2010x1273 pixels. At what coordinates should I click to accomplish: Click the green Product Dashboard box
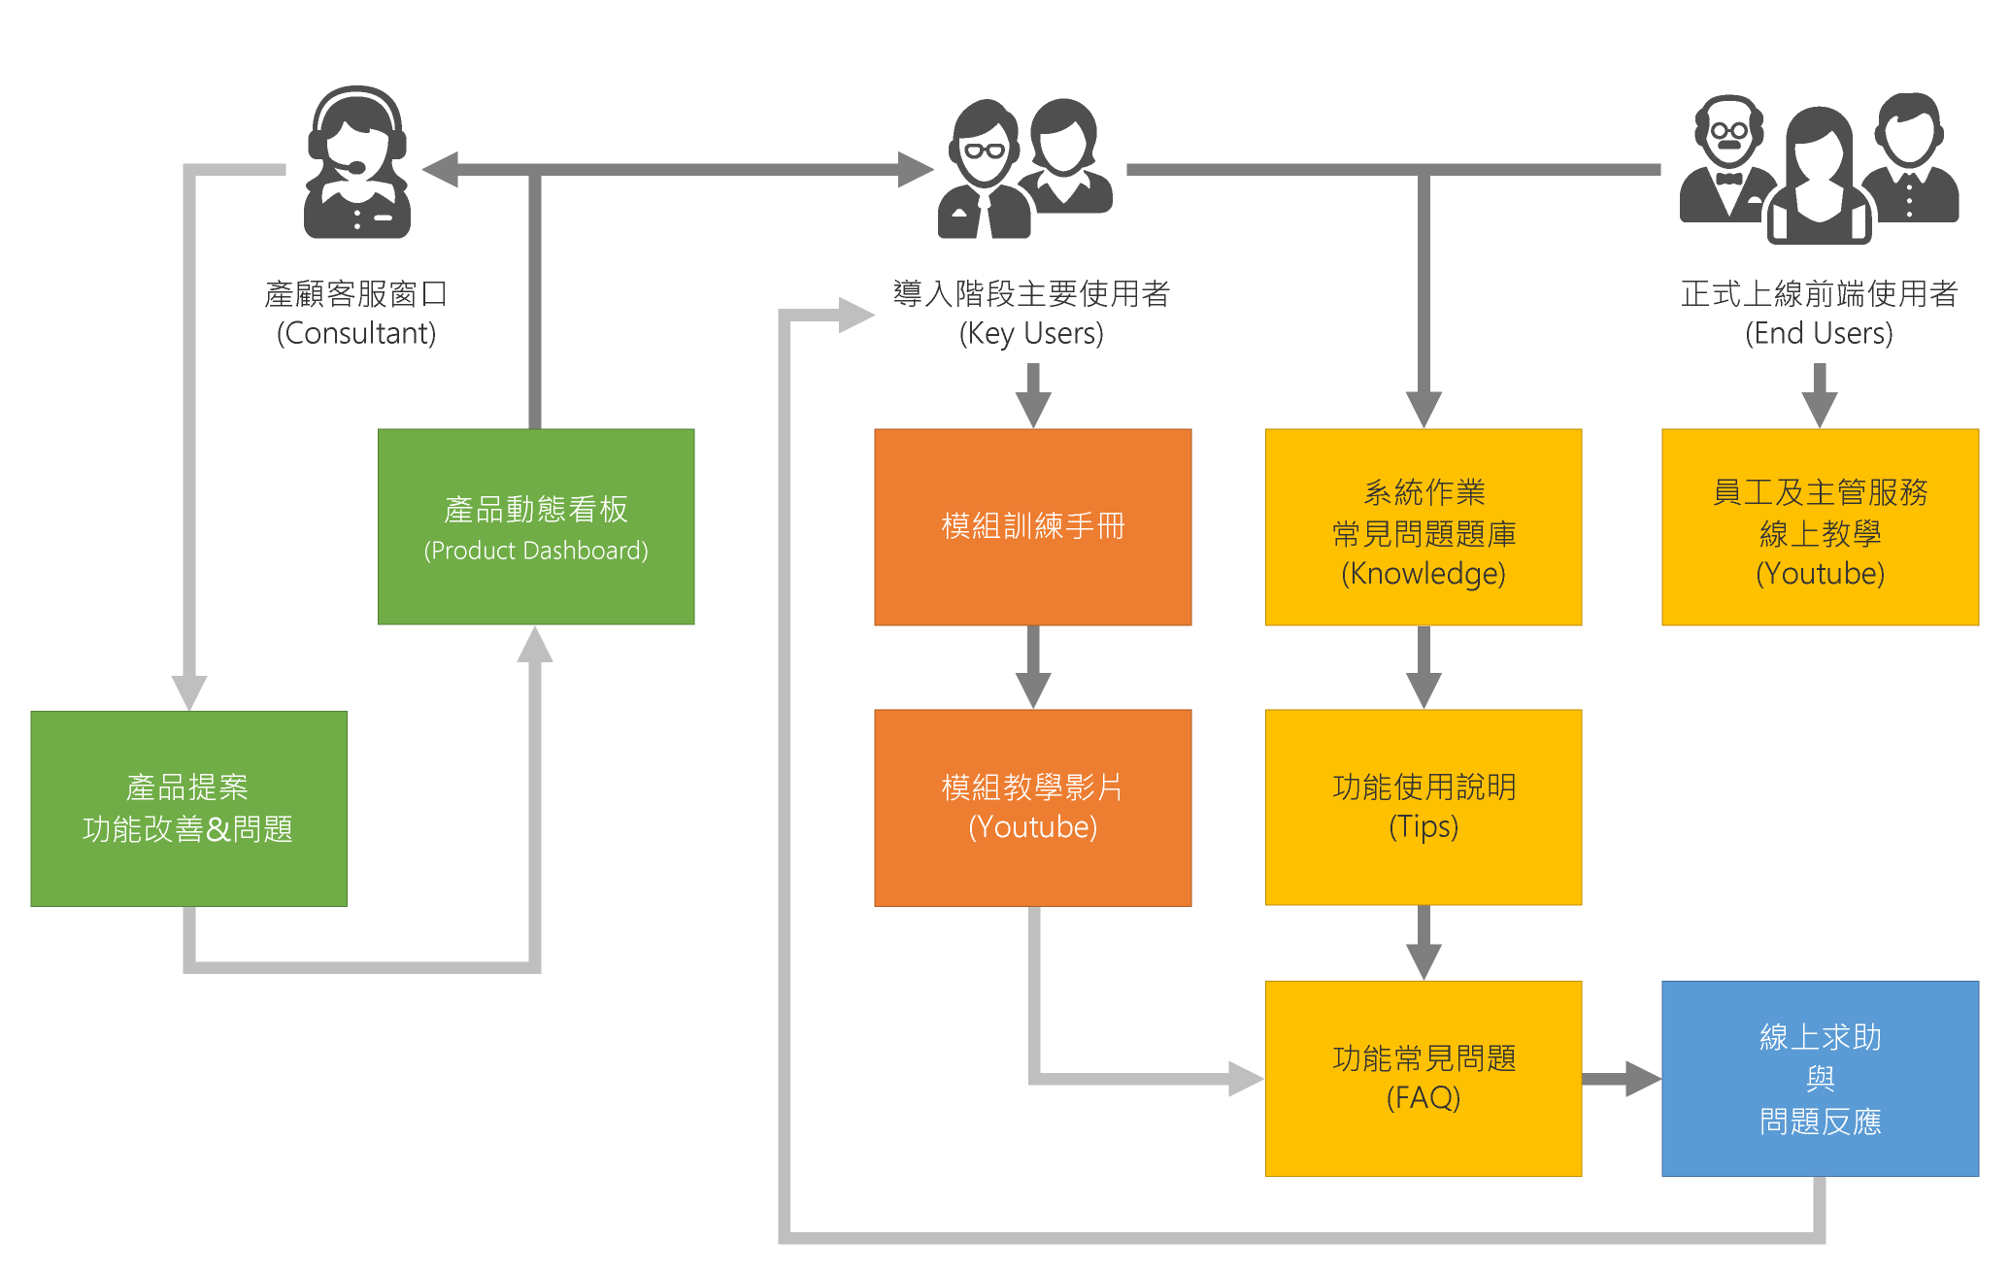536,526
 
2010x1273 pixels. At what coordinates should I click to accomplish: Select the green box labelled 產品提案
188,808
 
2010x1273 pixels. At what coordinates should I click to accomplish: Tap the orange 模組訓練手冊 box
1032,526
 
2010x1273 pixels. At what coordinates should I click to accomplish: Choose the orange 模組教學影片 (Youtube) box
1032,807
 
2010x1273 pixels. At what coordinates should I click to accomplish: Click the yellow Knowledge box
1424,526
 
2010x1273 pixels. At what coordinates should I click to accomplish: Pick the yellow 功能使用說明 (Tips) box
1424,807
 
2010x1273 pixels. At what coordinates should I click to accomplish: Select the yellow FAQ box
1424,1078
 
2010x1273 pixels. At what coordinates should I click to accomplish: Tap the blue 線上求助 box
1820,1078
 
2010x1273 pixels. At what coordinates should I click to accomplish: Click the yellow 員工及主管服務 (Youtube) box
1820,526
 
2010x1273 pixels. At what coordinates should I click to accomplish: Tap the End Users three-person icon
1819,169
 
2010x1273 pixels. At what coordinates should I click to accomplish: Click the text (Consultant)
356,333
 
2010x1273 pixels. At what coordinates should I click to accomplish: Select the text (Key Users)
1031,333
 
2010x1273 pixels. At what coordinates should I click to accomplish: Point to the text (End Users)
1819,333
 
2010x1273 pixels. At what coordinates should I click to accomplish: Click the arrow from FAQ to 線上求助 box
1622,1078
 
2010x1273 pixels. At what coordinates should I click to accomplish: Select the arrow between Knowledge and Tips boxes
1424,668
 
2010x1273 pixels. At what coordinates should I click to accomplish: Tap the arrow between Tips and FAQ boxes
1424,943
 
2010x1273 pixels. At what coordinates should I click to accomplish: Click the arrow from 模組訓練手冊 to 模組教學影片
1033,668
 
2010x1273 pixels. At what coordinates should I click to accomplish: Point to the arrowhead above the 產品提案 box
188,691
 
